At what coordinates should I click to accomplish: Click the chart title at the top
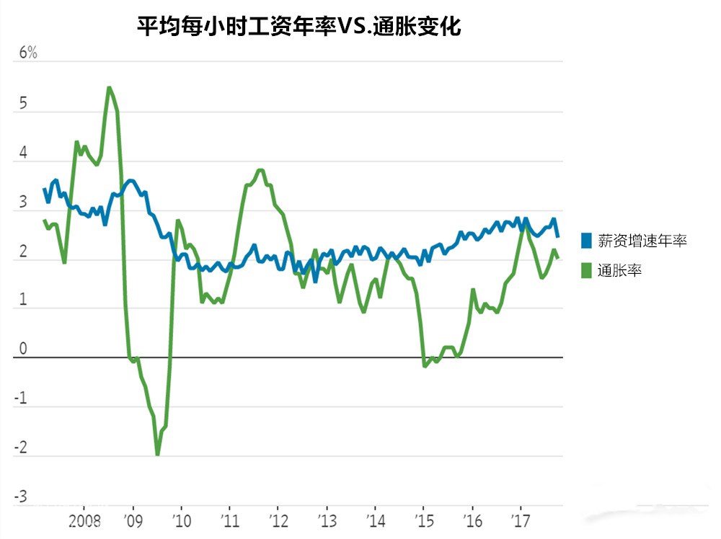tap(299, 27)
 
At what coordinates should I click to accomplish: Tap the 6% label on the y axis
tap(27, 53)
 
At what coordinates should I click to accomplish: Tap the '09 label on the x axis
tap(133, 520)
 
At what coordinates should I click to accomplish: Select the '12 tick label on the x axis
tap(279, 520)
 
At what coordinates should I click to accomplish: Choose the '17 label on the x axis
tap(521, 520)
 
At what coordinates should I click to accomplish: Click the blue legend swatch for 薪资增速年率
tap(586, 241)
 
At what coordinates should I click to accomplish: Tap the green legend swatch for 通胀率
tap(586, 271)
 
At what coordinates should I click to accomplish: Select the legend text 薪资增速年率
tap(643, 241)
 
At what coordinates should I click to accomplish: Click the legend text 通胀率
tap(620, 271)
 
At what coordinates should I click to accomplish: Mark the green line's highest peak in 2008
tap(109, 88)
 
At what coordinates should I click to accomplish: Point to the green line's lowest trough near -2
tap(157, 454)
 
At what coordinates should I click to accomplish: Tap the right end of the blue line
tap(557, 236)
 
